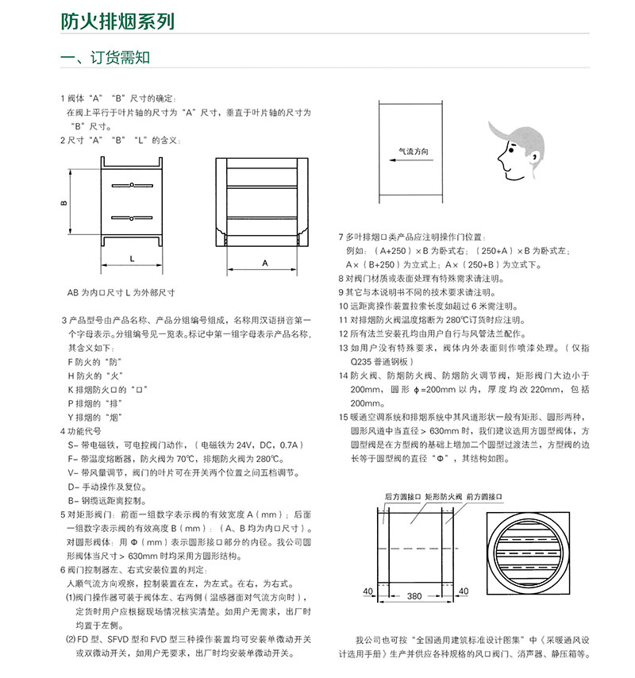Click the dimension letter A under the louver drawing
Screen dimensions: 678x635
click(x=264, y=261)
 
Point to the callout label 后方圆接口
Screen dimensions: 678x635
click(x=399, y=495)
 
